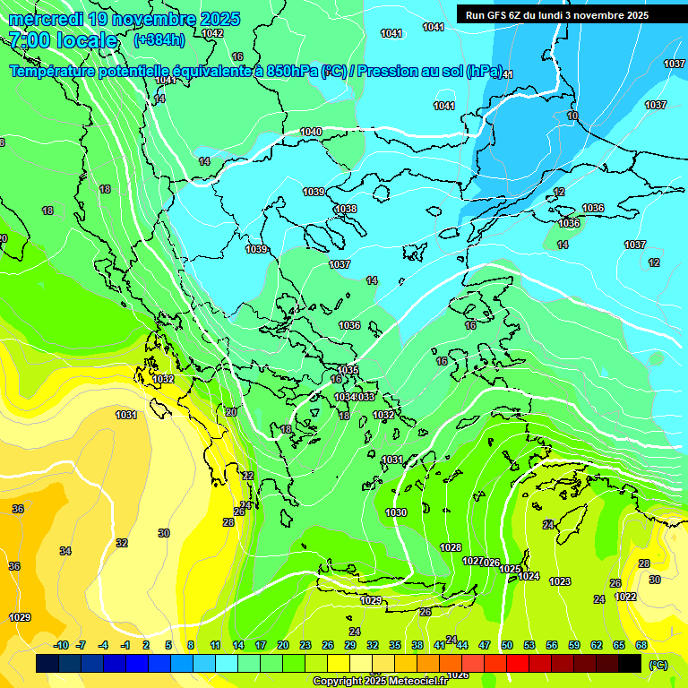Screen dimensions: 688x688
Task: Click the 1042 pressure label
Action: [x=212, y=33]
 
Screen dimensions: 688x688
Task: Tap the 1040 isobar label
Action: [x=311, y=132]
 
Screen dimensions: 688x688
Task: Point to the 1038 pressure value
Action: [x=346, y=209]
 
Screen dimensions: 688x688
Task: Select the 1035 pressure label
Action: [x=348, y=370]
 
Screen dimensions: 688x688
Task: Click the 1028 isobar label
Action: [x=451, y=547]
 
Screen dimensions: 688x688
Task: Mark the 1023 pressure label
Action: [x=560, y=581]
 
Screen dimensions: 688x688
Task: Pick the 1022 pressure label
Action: [x=625, y=597]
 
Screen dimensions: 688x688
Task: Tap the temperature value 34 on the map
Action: [x=65, y=551]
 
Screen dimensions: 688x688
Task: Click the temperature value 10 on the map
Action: [x=572, y=116]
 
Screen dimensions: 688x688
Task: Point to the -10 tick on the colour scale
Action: [x=61, y=645]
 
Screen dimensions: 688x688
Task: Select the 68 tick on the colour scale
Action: [x=641, y=645]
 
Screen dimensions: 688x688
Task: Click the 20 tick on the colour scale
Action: [x=283, y=645]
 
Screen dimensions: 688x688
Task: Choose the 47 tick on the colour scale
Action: [x=485, y=645]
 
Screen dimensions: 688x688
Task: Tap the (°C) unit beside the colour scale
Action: [x=658, y=665]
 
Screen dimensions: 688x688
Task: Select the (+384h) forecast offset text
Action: [x=159, y=39]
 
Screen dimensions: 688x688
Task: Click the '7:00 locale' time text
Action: [x=63, y=40]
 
